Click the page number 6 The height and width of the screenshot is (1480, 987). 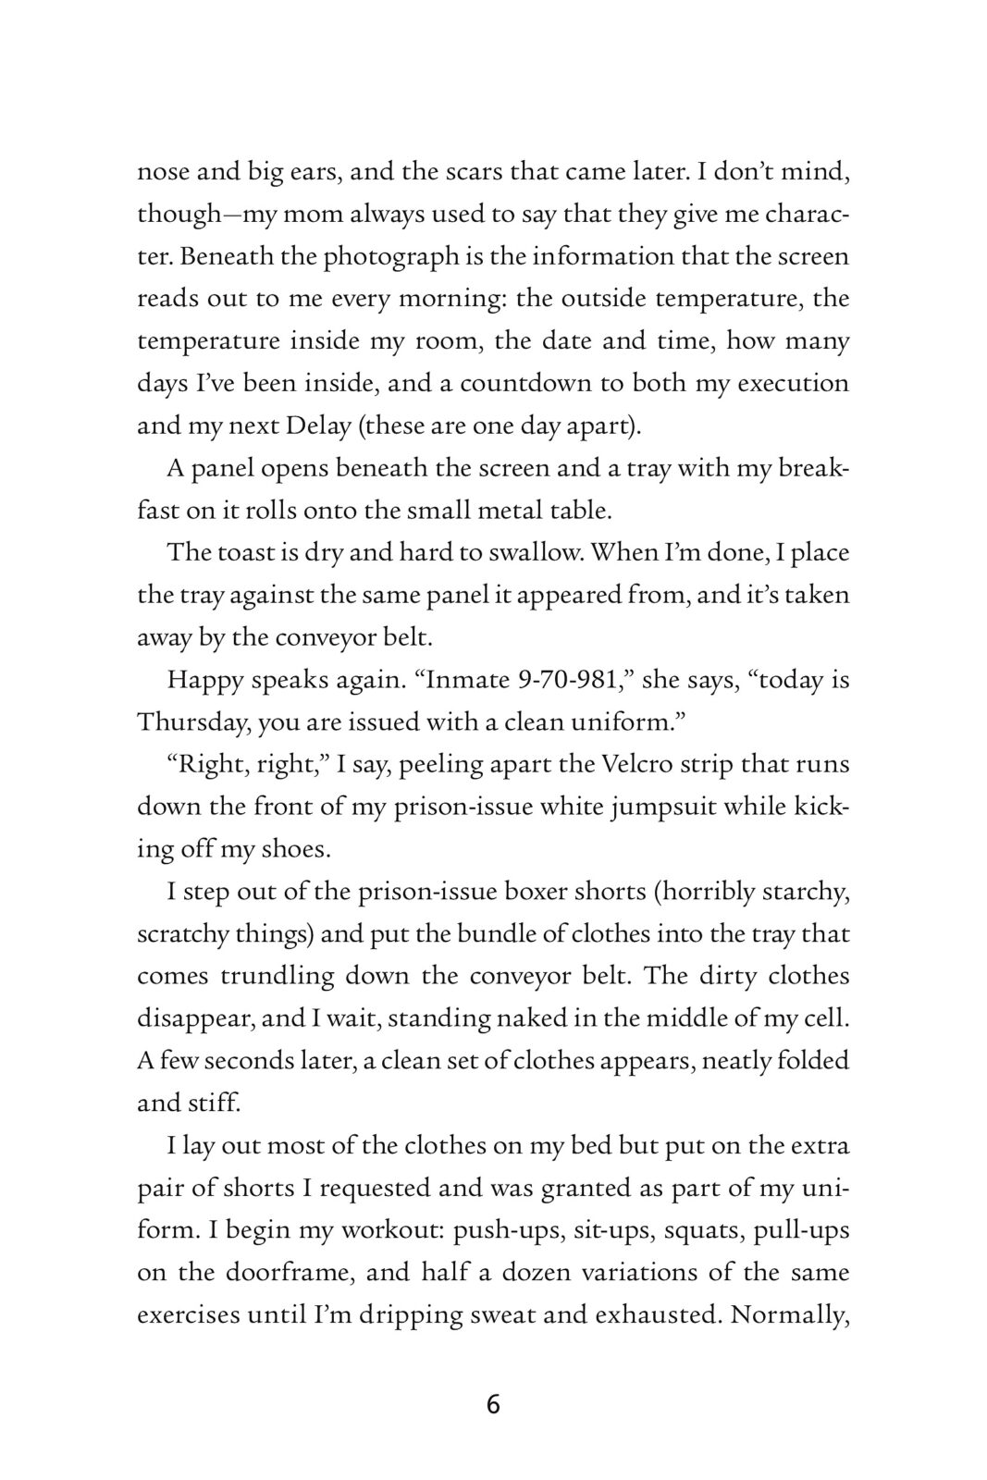tap(492, 1405)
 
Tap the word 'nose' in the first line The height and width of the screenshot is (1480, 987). tap(162, 172)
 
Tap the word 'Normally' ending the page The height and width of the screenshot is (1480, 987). tap(789, 1315)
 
